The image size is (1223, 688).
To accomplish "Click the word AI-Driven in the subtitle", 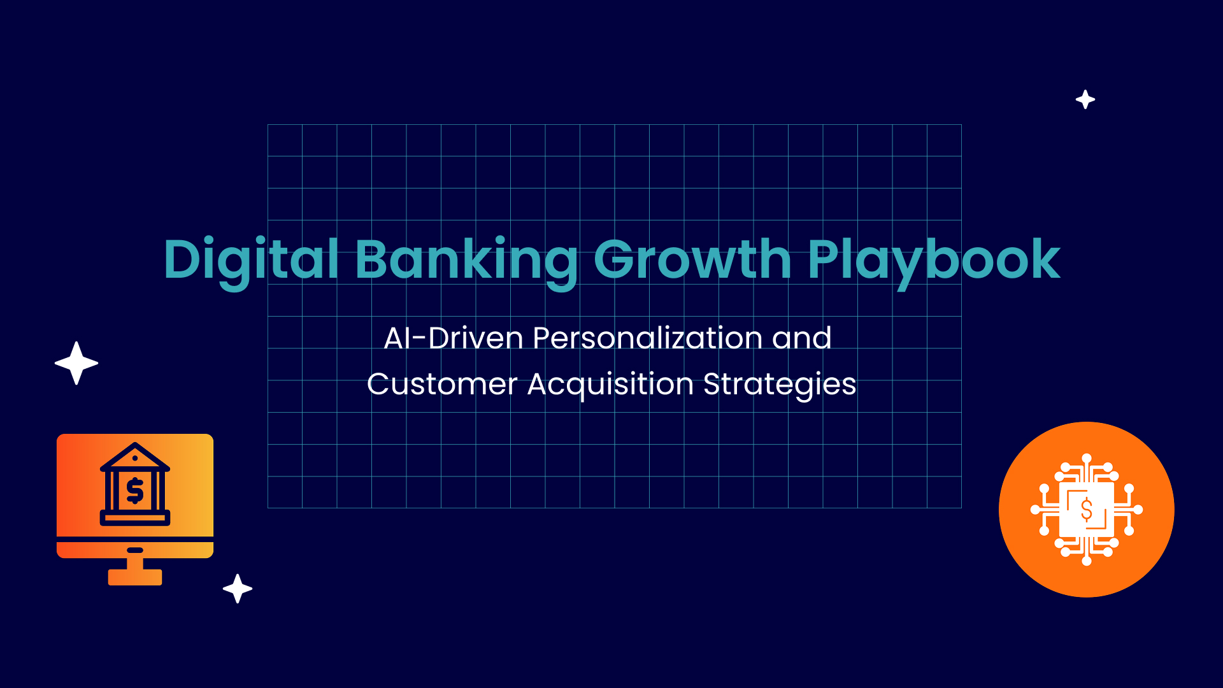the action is (x=454, y=338).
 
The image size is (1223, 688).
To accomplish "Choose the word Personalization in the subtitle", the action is (x=647, y=338).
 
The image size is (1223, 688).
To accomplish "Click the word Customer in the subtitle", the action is (x=442, y=384).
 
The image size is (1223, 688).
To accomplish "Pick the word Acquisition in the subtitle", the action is (x=610, y=385).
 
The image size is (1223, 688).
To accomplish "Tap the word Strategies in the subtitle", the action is (x=780, y=385).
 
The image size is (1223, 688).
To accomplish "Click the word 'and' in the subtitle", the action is (x=801, y=338).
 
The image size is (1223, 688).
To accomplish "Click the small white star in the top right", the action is (x=1085, y=99).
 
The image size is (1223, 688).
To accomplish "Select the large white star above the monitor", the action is (x=76, y=363).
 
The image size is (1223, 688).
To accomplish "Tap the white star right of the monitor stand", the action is (x=238, y=589).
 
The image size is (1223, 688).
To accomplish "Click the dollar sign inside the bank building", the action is (x=135, y=491).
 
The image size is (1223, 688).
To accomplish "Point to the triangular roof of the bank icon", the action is (x=135, y=457).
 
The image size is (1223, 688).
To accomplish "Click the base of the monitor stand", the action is (x=135, y=577).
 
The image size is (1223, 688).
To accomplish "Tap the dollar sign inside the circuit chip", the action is (x=1087, y=510).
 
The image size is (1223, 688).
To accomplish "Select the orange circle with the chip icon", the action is (x=1087, y=510).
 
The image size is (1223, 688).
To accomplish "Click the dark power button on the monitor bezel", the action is (x=135, y=550).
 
